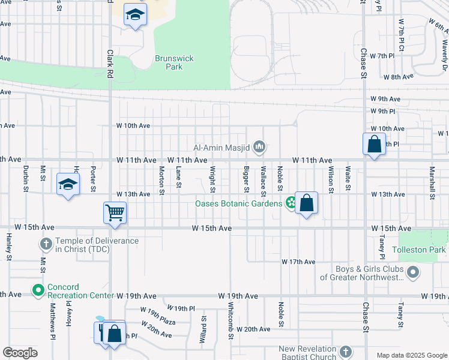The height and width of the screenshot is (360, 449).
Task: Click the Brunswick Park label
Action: point(174,62)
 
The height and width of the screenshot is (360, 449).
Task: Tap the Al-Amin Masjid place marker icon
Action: point(259,146)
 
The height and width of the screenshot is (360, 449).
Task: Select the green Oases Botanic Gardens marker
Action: point(291,203)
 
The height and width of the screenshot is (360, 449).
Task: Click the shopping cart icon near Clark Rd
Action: point(115,212)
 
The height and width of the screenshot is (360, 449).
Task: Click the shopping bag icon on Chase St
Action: point(374,145)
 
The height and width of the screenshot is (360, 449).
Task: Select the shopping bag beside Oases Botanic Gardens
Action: point(306,203)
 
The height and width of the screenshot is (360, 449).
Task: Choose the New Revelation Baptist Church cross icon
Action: point(345,352)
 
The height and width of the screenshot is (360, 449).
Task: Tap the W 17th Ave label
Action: point(298,262)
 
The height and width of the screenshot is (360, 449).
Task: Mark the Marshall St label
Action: point(432,180)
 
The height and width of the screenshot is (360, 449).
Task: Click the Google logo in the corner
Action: point(20,352)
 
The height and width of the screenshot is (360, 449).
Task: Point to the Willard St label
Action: point(204,331)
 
